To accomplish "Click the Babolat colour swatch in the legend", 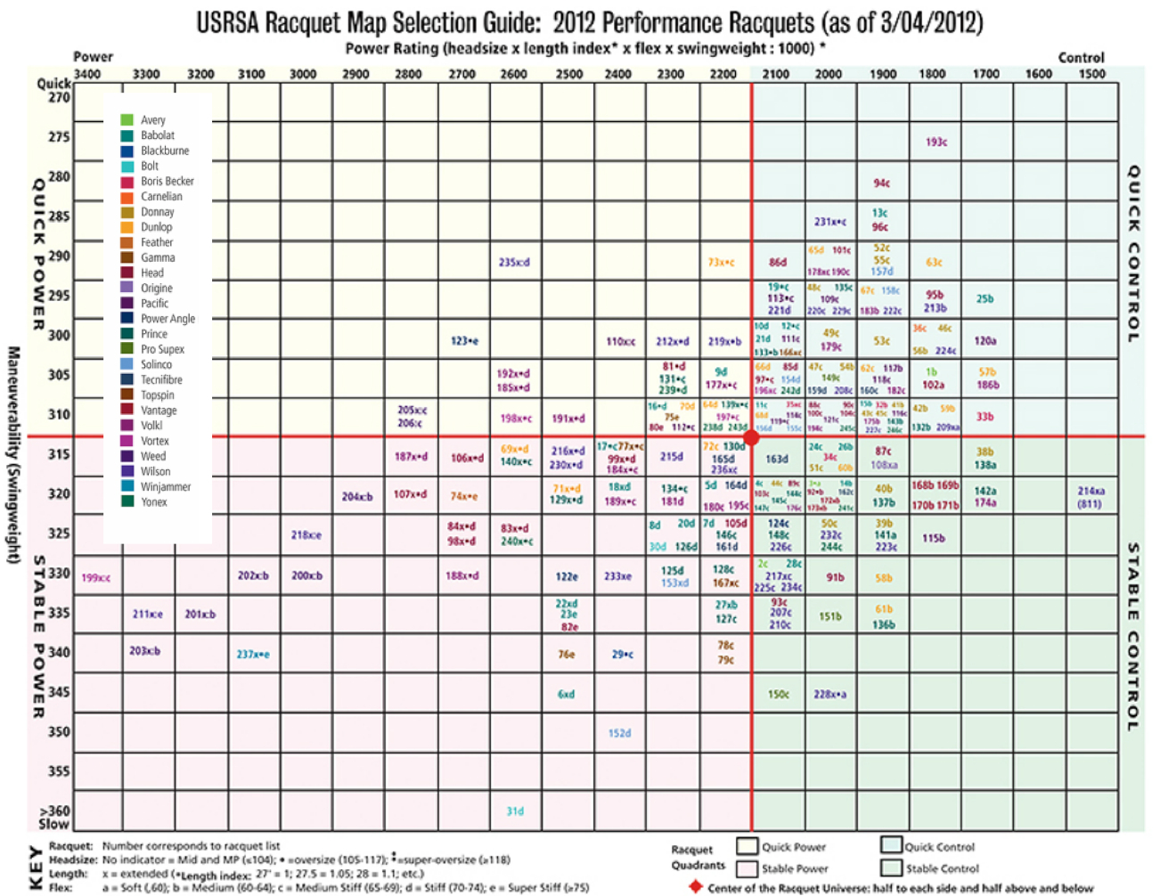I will tap(127, 135).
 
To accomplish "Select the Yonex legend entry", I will tap(153, 501).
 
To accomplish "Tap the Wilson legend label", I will tap(155, 471).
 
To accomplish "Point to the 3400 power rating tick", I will tap(87, 74).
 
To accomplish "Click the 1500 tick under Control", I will tap(1091, 74).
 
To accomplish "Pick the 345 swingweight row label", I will tap(59, 692).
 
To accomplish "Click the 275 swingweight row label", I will tap(59, 137).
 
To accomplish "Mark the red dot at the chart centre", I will tap(752, 437).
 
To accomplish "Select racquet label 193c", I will tap(935, 143).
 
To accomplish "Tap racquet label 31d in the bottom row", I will tap(515, 811).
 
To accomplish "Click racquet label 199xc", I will tap(95, 578).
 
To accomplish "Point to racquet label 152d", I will tap(619, 733).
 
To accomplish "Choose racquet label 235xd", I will tap(514, 263).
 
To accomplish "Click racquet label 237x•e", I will tap(253, 655).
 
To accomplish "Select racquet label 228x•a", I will tap(829, 694).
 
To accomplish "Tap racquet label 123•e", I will tap(464, 341).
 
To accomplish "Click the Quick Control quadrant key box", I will tap(891, 845).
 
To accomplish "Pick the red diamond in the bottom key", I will tap(696, 887).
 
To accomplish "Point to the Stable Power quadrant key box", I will tap(747, 867).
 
